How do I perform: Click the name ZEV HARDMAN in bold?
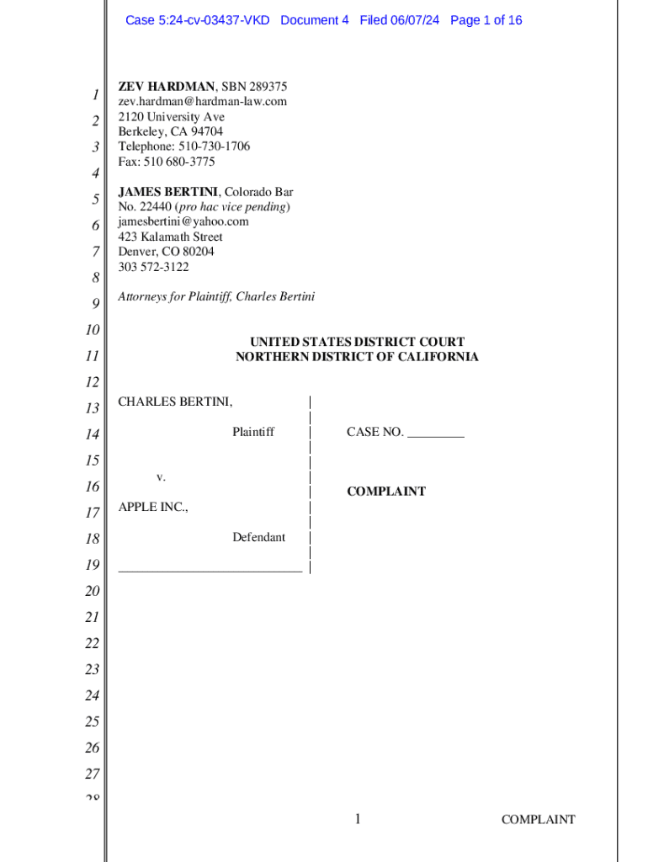167,87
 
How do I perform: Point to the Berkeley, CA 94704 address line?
170,131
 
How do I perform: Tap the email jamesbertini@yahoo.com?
183,222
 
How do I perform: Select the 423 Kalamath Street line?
170,237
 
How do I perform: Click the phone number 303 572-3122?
153,268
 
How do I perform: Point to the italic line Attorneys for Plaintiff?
216,297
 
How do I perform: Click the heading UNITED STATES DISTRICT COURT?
357,342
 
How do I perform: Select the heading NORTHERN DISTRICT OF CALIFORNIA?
357,357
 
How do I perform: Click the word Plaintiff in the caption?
253,433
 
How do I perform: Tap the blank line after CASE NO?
435,435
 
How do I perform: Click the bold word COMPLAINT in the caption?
386,492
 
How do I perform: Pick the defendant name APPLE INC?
153,508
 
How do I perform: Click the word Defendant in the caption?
258,538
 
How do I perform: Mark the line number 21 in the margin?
92,618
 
